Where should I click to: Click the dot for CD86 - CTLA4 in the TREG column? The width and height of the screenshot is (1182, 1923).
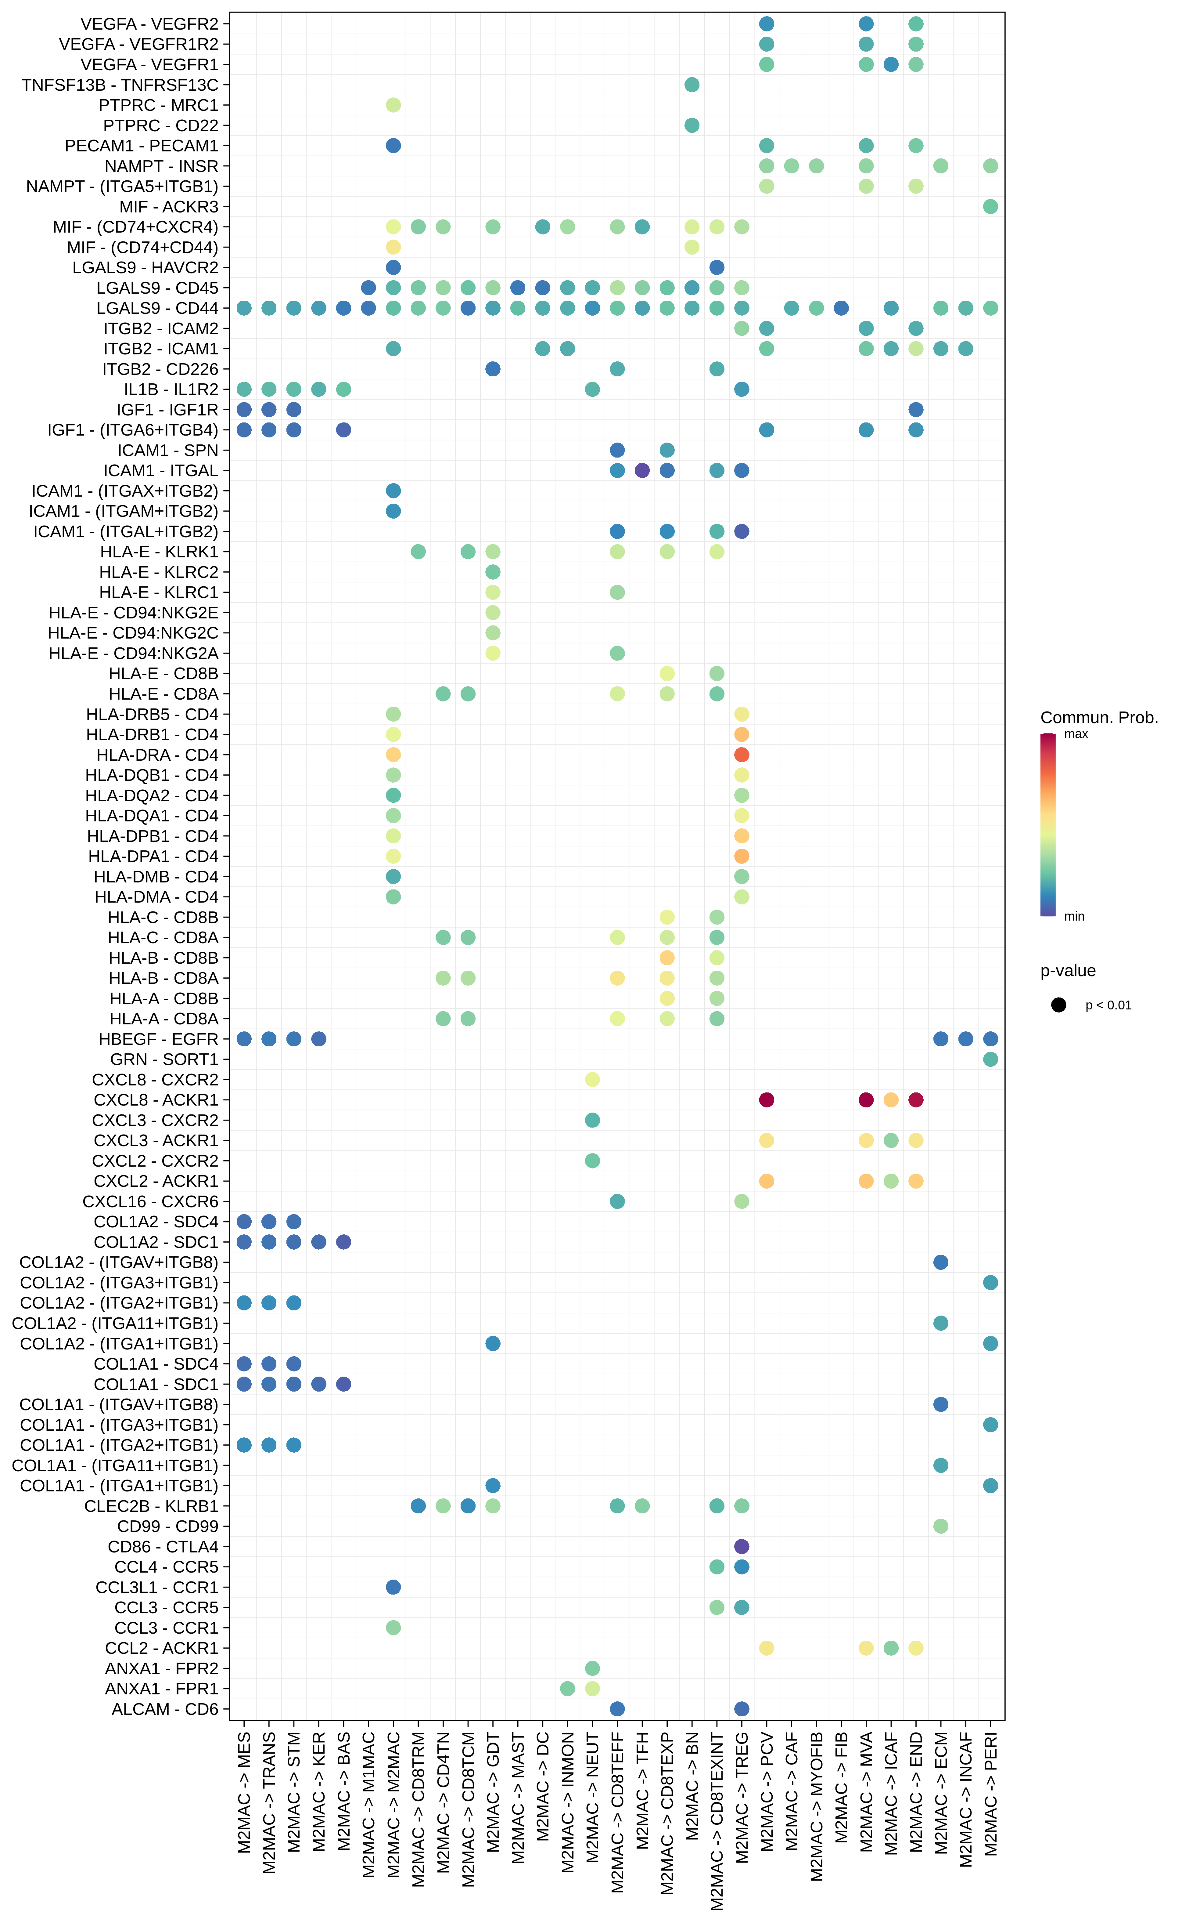pyautogui.click(x=742, y=1546)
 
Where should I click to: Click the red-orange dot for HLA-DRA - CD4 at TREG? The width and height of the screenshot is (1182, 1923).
pyautogui.click(x=742, y=755)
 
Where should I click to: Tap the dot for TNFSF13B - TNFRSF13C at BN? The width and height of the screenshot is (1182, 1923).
pyautogui.click(x=692, y=85)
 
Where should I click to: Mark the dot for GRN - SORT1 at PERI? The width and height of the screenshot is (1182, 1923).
pyautogui.click(x=990, y=1059)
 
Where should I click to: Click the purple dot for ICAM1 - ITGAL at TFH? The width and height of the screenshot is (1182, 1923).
pyautogui.click(x=642, y=470)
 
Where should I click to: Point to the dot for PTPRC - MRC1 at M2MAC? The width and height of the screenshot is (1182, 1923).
pyautogui.click(x=393, y=105)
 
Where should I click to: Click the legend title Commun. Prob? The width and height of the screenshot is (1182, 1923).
pyautogui.click(x=1098, y=717)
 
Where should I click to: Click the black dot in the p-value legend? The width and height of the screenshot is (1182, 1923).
pyautogui.click(x=1058, y=1005)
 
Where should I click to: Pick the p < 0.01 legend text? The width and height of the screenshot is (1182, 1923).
pyautogui.click(x=1108, y=1005)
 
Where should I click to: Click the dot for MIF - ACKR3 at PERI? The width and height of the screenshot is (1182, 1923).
pyautogui.click(x=990, y=206)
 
